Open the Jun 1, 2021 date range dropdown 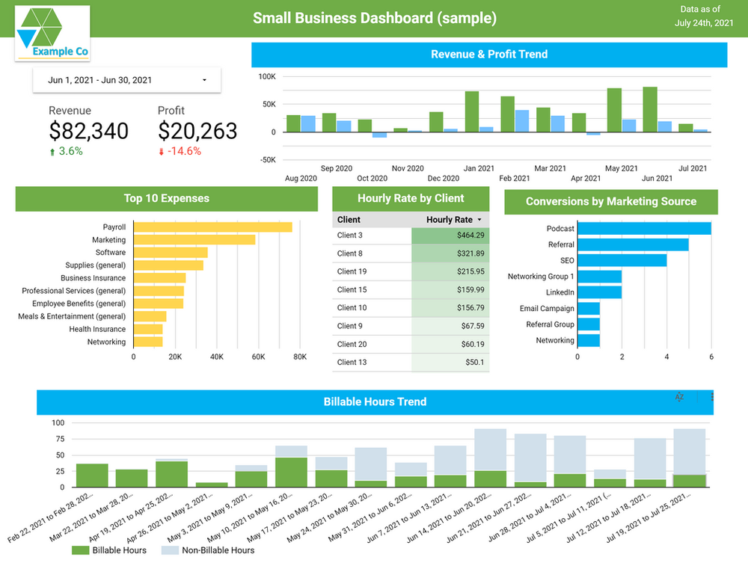click(126, 80)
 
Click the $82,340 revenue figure click(88, 131)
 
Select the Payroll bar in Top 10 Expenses click(212, 227)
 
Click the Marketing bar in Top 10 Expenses click(194, 240)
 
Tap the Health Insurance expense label click(97, 329)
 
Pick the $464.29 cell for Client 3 click(450, 236)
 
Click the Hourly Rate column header click(450, 220)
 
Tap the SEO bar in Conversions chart click(622, 260)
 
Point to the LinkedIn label click(560, 292)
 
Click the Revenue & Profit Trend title click(489, 55)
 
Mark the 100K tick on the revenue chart click(267, 77)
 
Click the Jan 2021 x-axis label click(479, 168)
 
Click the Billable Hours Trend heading click(375, 402)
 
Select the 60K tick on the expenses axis click(258, 357)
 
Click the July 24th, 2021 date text click(703, 23)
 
